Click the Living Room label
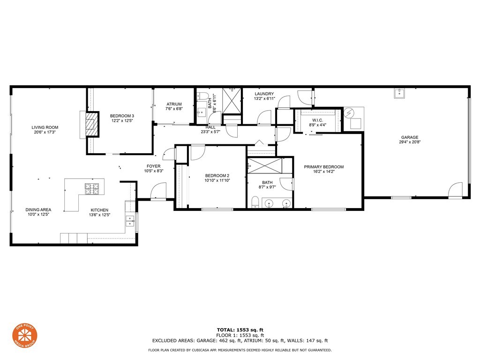[x=45, y=127]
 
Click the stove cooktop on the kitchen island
[x=92, y=189]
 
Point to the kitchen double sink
[x=129, y=221]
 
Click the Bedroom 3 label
[x=122, y=116]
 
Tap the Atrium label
[x=173, y=104]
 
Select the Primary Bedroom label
[x=323, y=167]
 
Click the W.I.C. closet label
[x=317, y=120]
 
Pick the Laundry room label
[x=264, y=94]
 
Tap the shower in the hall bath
[x=231, y=100]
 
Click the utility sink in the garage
[x=399, y=93]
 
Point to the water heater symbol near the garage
[x=350, y=113]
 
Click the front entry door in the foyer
[x=159, y=191]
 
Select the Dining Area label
[x=38, y=210]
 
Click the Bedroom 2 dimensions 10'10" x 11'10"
[x=217, y=180]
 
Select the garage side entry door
[x=455, y=190]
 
